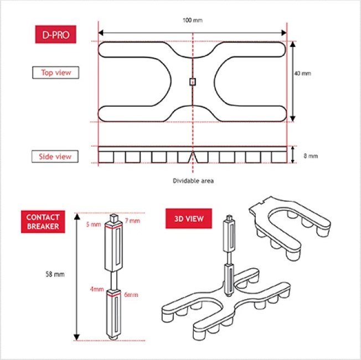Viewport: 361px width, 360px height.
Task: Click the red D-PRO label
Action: click(x=56, y=34)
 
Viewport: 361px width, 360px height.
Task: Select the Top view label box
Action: click(x=56, y=72)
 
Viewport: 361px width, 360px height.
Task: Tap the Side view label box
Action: click(x=55, y=156)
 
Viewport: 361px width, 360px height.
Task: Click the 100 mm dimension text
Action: click(x=193, y=20)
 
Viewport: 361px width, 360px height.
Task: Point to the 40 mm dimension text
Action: click(x=302, y=74)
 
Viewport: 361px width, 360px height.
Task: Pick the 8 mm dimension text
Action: click(x=311, y=156)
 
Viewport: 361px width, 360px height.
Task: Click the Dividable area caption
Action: click(x=193, y=181)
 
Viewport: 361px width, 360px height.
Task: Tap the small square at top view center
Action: click(x=193, y=82)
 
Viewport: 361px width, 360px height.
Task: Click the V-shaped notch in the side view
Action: click(x=193, y=157)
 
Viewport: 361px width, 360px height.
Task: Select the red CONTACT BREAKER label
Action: click(x=43, y=222)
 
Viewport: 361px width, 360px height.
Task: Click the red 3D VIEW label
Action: click(x=189, y=218)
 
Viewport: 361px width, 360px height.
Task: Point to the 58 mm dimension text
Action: click(x=55, y=274)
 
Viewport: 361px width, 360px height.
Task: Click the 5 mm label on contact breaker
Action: click(x=94, y=224)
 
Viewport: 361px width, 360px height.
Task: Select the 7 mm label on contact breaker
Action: click(x=132, y=221)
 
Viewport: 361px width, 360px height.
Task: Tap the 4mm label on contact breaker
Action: click(x=97, y=289)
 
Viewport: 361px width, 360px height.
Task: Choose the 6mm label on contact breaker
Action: click(x=131, y=295)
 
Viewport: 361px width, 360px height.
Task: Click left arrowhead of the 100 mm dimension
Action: click(x=101, y=33)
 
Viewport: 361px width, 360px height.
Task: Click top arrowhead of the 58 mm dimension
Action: click(x=77, y=216)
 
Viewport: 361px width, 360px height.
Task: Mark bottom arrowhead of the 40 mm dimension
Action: click(x=292, y=119)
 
